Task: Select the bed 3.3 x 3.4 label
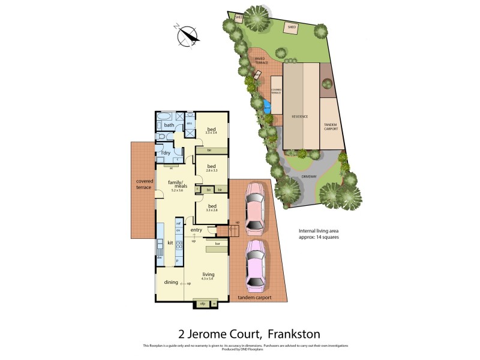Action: click(212, 129)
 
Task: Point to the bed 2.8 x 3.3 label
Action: click(211, 168)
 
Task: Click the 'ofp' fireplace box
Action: click(202, 304)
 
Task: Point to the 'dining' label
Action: click(171, 282)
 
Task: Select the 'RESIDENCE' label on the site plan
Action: click(300, 116)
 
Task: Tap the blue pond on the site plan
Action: click(266, 107)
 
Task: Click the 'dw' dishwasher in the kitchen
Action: click(160, 257)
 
